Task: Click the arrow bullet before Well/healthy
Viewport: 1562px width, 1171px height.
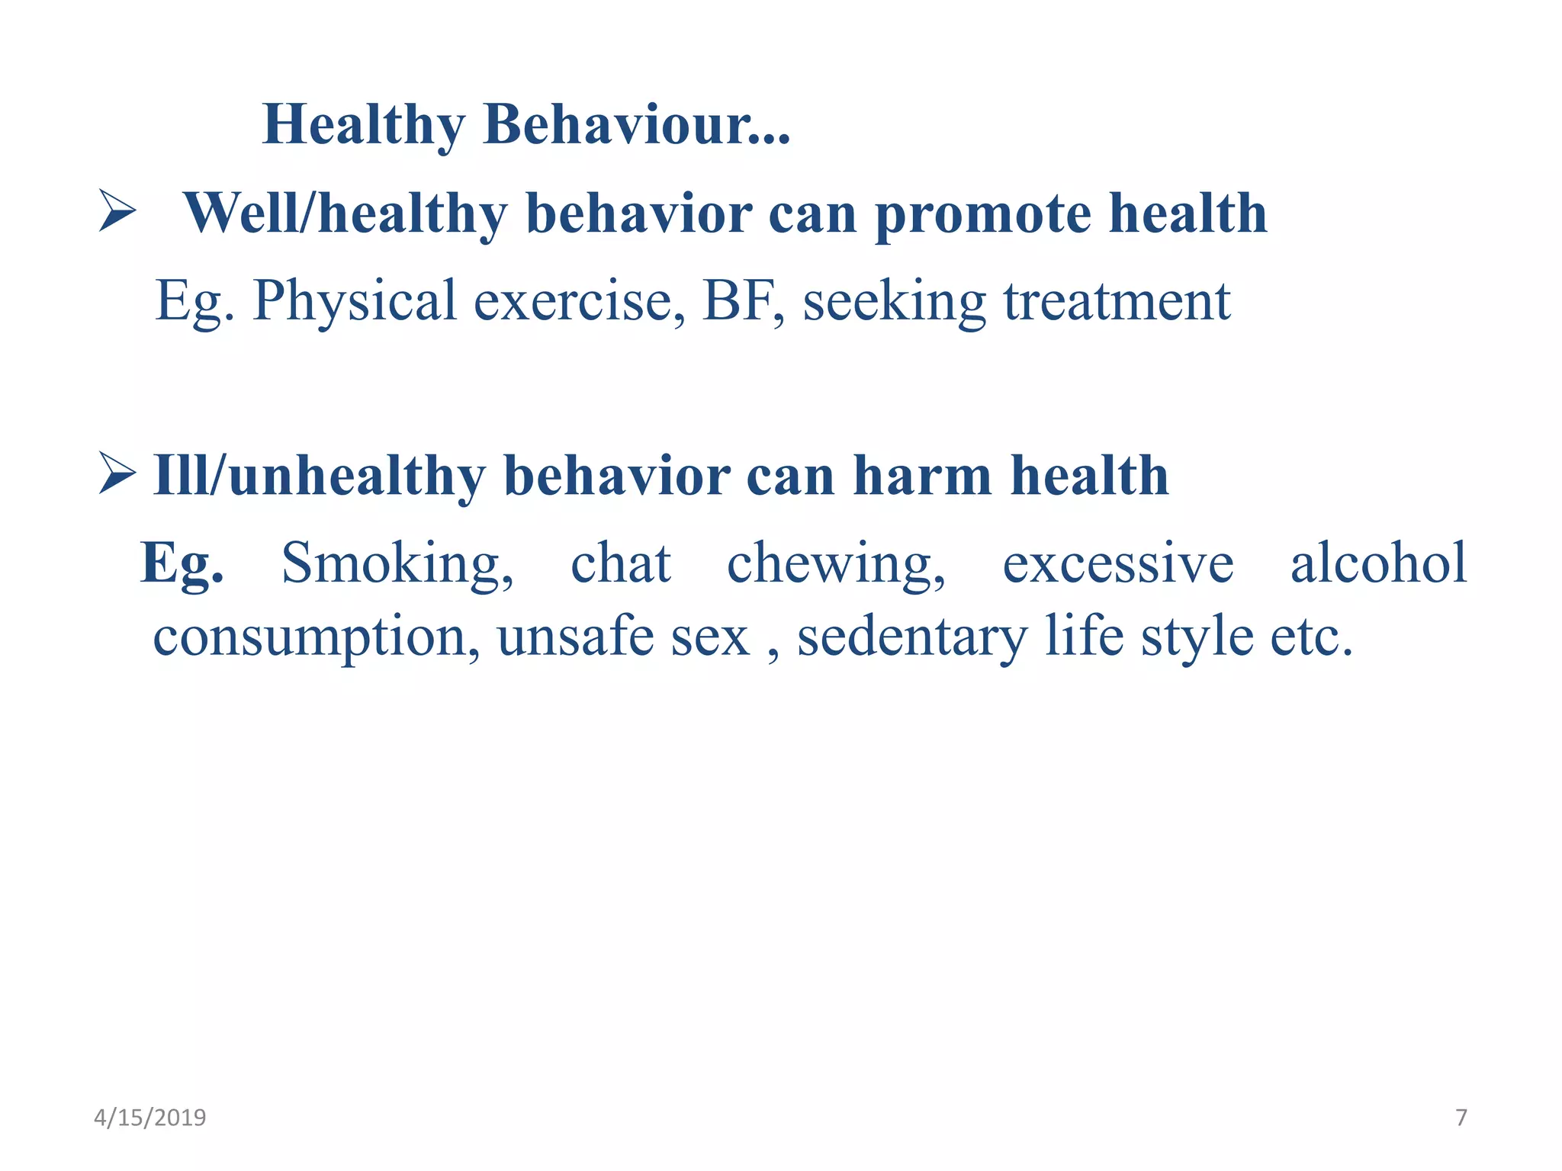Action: (117, 211)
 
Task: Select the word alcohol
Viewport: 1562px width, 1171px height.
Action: (1377, 563)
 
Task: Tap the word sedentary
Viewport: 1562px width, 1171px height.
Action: (912, 638)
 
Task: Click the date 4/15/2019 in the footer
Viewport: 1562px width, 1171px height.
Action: (149, 1118)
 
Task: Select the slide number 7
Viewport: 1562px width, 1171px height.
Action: (1461, 1118)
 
